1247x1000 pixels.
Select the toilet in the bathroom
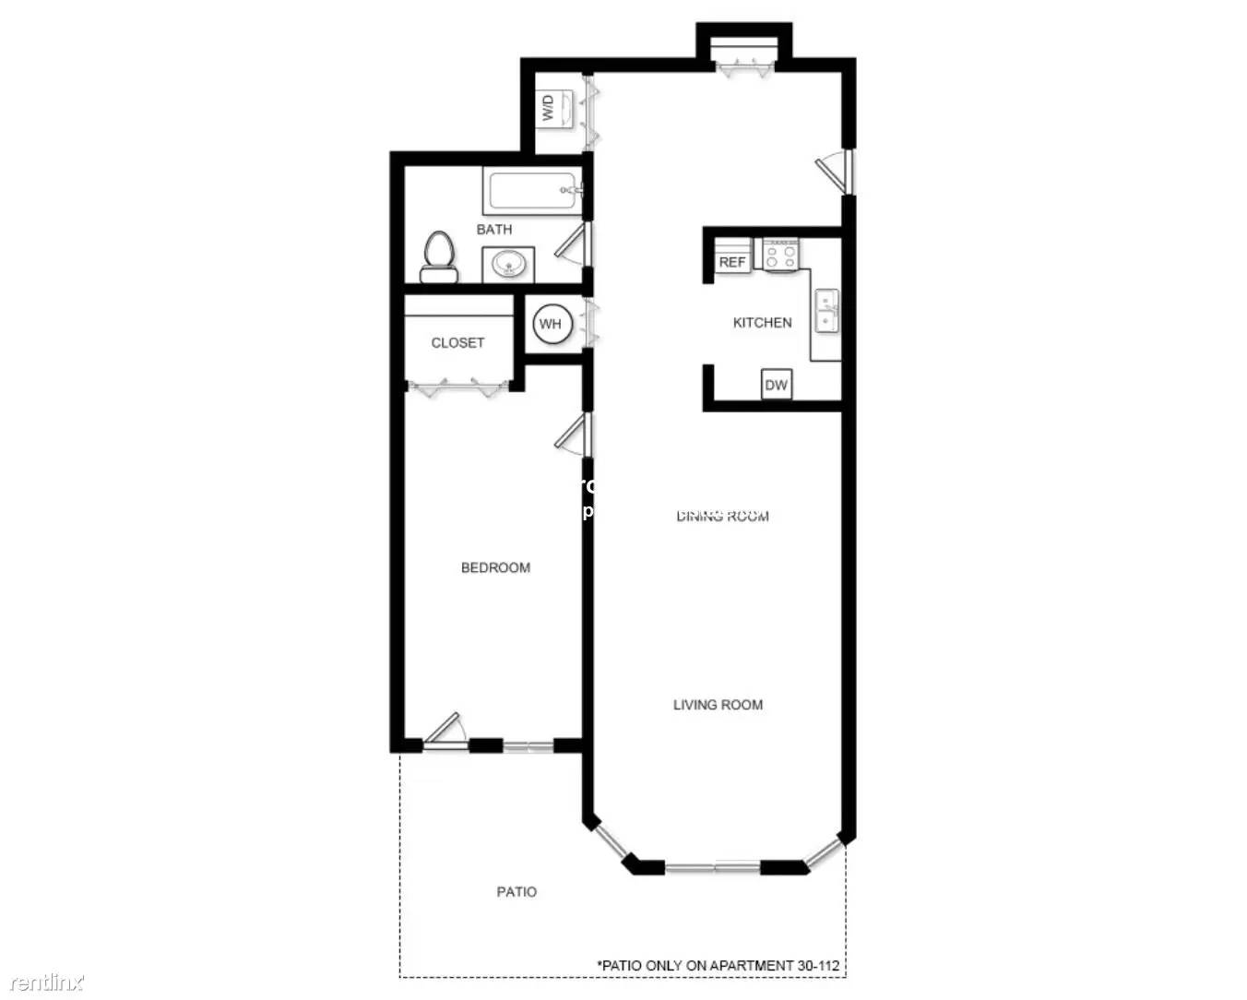(439, 256)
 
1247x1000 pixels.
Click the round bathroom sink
(507, 266)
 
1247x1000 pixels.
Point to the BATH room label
(494, 229)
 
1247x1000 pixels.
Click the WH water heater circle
(551, 324)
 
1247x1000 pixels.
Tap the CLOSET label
(457, 342)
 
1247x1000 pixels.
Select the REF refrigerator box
(732, 262)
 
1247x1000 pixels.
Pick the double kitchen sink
(826, 311)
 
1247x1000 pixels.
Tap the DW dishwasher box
(777, 385)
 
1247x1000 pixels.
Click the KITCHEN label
(762, 322)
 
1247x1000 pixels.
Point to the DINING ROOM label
(722, 517)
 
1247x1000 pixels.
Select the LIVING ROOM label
(718, 705)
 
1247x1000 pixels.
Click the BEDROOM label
(495, 567)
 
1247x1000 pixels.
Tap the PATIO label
(517, 891)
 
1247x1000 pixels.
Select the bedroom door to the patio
(443, 731)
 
